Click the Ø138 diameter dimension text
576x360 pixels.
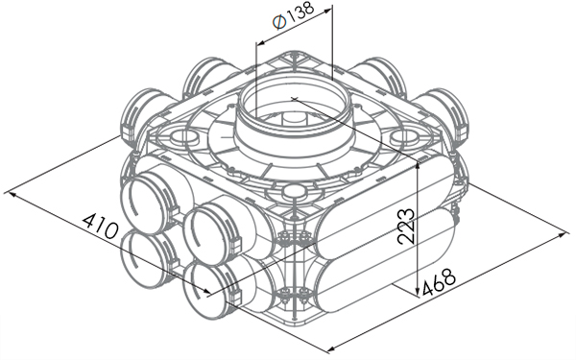coord(294,15)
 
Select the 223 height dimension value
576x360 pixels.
coord(406,227)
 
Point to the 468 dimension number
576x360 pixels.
coord(439,282)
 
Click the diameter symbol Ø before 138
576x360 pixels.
coord(279,23)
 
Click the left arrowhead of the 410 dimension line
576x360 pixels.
coord(12,193)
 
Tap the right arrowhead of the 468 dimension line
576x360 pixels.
coord(564,234)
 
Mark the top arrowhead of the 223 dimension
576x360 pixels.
coord(418,168)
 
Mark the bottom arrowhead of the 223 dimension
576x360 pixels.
coord(418,290)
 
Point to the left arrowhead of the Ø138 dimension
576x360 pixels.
coord(261,43)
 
